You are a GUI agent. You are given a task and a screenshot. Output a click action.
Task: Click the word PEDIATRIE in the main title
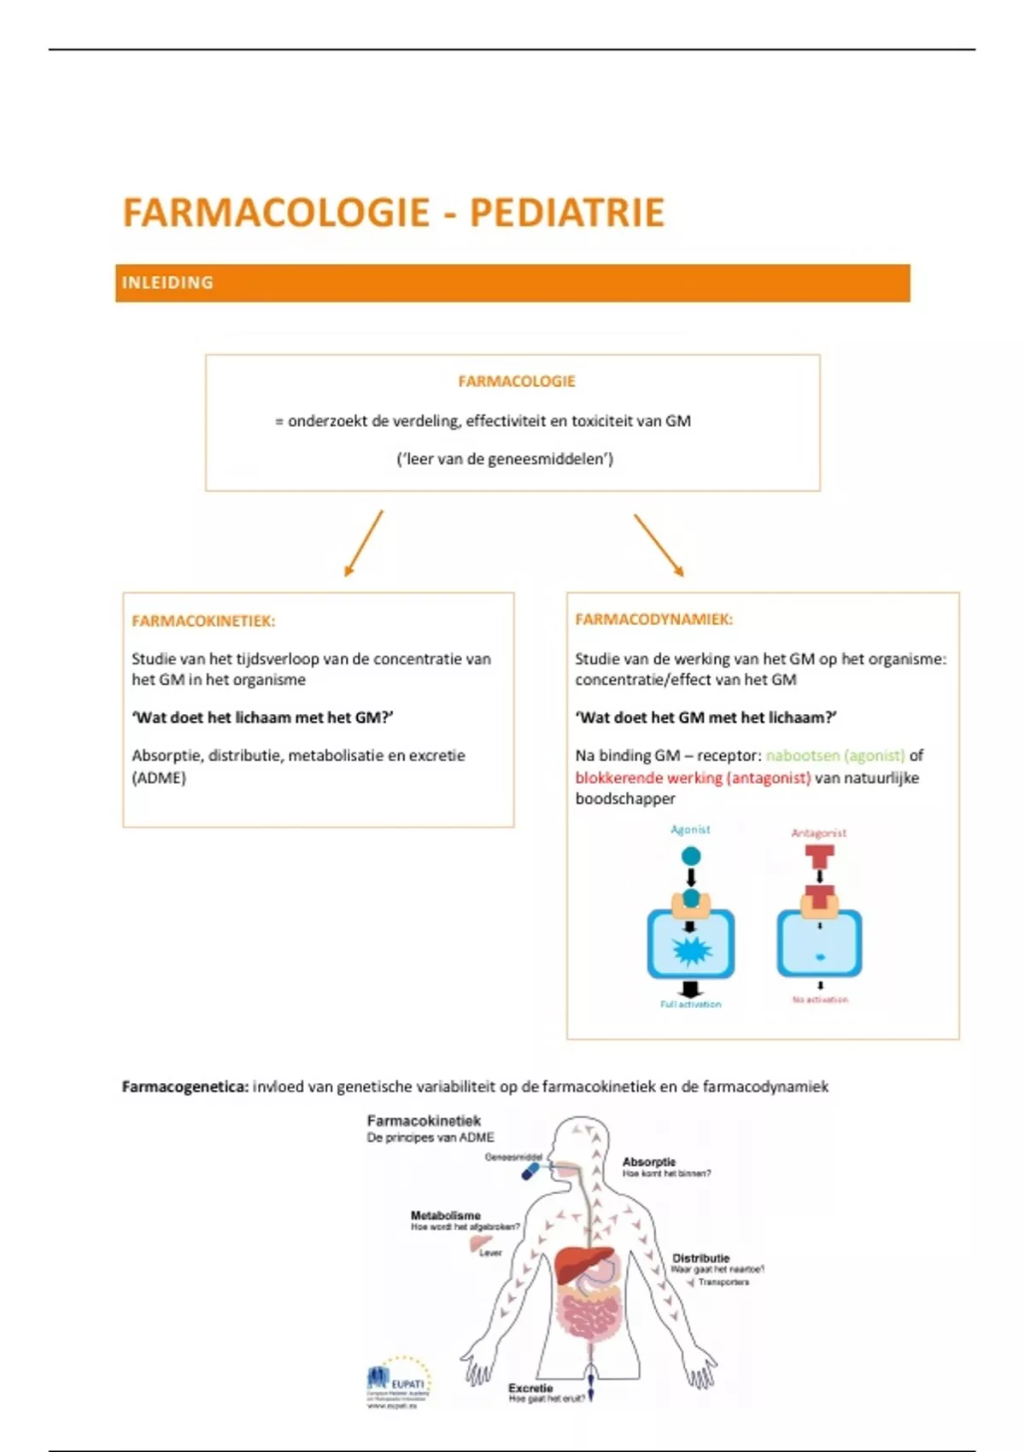566,213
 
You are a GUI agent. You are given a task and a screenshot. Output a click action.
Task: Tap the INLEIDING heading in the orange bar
167,283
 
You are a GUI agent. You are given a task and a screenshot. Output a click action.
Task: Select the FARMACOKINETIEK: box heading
203,621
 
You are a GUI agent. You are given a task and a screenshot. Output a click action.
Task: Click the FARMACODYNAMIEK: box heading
653,619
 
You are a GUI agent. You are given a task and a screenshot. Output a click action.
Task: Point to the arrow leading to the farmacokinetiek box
363,543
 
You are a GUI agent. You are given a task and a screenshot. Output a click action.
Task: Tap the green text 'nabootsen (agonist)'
835,755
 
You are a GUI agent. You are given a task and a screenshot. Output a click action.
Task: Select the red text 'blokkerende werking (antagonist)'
693,777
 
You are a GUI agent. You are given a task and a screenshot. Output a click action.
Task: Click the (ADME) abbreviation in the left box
159,777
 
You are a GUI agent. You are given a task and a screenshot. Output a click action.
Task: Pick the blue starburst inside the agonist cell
691,950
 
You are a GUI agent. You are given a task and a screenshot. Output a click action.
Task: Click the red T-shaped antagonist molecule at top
819,856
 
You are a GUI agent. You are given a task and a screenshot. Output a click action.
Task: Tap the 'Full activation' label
690,1004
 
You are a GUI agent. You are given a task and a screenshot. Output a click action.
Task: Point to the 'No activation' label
820,999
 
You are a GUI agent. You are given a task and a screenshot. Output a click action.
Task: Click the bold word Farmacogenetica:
185,1086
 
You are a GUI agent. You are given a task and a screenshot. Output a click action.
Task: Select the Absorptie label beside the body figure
649,1162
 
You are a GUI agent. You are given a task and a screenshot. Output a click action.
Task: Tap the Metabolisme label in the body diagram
446,1215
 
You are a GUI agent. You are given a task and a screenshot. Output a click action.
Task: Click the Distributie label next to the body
701,1258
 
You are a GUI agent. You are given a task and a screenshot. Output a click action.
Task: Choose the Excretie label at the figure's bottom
530,1388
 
